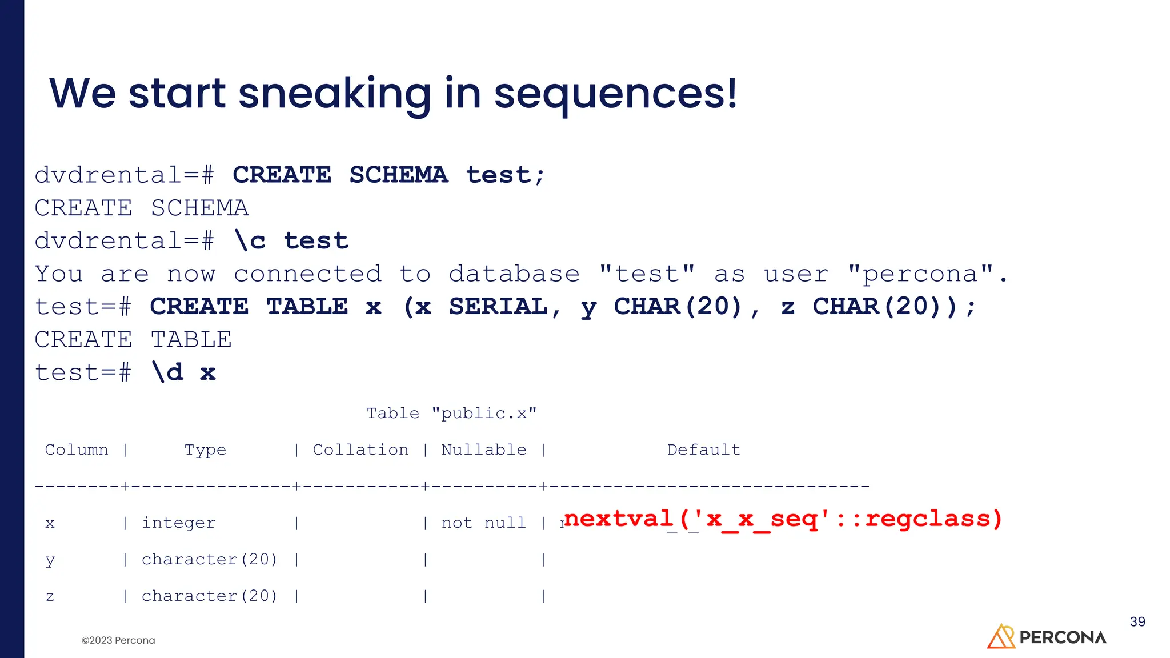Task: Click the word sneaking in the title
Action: [334, 94]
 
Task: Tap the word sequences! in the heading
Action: [615, 94]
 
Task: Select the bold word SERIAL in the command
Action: [498, 307]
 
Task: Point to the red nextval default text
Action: [783, 519]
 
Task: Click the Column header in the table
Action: [77, 450]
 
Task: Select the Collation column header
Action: [360, 450]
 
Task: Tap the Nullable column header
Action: [484, 450]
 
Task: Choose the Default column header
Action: [704, 450]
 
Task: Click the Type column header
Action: [205, 451]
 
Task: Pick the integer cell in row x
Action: [179, 523]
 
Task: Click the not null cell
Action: [484, 523]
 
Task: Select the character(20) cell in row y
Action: [209, 560]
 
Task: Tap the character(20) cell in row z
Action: [209, 596]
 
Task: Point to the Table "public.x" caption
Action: [451, 414]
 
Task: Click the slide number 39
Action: [1137, 622]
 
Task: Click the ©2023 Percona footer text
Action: [118, 640]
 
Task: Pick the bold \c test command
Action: [291, 241]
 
